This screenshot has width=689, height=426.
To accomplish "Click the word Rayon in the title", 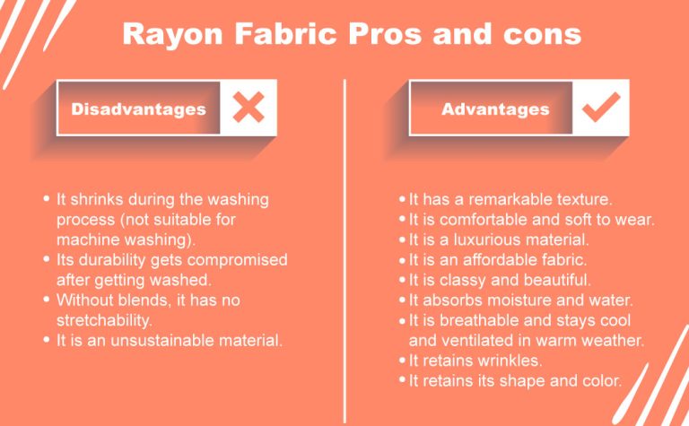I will click(168, 34).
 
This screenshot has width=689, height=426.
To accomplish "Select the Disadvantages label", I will click(138, 109).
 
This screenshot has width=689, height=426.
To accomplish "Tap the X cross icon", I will click(249, 109).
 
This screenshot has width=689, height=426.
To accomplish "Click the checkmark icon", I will click(600, 109).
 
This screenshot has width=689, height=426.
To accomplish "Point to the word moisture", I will click(525, 300).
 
